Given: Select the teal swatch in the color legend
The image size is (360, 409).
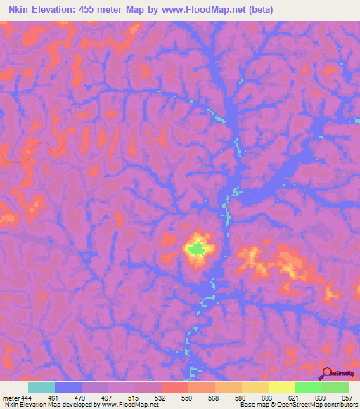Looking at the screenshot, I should (41, 387).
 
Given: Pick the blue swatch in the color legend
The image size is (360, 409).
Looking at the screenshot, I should (68, 387).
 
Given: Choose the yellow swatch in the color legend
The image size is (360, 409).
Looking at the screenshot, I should (282, 387).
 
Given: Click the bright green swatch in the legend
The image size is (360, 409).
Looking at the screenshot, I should (309, 387).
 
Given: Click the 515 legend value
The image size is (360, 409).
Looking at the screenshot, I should (133, 397).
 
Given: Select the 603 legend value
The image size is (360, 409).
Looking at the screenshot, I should (266, 397).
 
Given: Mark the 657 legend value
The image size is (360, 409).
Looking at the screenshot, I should (345, 397).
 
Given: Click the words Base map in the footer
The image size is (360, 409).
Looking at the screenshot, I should (252, 405).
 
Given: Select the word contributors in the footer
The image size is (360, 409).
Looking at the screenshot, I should (338, 405).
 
